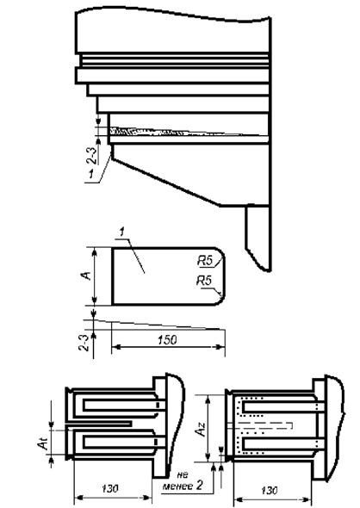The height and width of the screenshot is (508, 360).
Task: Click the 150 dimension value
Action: pos(167,340)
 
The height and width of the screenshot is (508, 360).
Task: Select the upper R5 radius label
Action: pos(205,261)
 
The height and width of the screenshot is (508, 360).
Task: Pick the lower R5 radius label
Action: pos(204,281)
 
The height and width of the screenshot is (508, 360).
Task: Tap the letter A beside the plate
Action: pos(86,276)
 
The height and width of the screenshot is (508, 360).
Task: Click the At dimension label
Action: pos(43,443)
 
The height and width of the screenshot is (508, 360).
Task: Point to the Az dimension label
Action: pos(201,428)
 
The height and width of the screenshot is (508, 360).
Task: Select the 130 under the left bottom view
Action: pos(110,488)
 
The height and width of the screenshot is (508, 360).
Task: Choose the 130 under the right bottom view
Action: pos(270,491)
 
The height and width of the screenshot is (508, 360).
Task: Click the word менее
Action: pos(178,486)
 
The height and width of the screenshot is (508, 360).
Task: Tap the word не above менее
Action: pos(183,475)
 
